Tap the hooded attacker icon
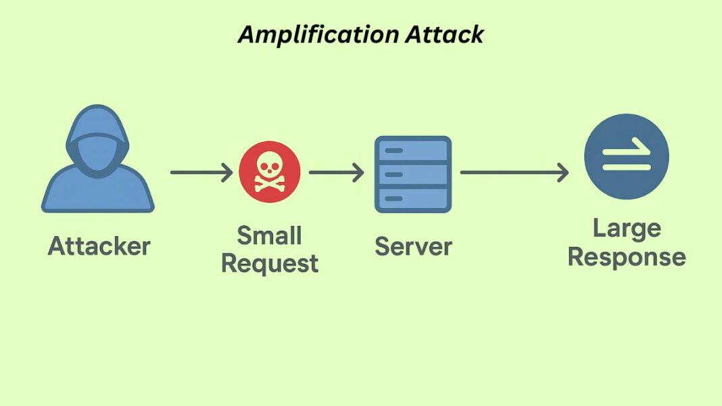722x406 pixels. [98, 162]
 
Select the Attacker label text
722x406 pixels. [99, 246]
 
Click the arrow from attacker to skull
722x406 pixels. [201, 173]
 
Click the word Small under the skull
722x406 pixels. [269, 236]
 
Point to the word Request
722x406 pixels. [269, 263]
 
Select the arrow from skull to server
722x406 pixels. [336, 173]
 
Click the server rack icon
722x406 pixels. [412, 174]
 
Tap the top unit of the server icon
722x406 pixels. [412, 150]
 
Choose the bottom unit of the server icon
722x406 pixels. [412, 198]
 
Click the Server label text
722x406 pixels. [413, 246]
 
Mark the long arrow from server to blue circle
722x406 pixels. [514, 173]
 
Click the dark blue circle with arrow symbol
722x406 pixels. [626, 156]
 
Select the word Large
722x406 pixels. [626, 229]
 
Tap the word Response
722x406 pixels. [626, 257]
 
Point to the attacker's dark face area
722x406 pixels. [98, 152]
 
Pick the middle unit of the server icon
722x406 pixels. [412, 174]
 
